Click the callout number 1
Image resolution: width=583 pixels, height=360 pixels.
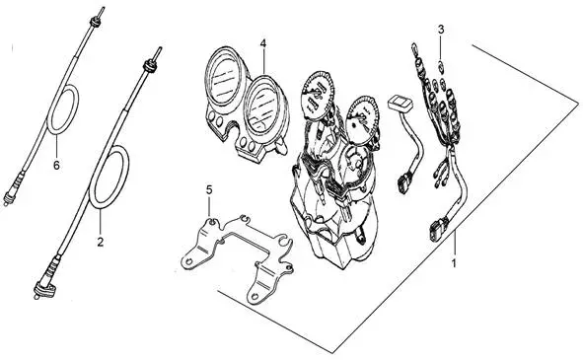click(x=454, y=263)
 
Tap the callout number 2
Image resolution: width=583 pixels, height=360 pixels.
click(x=100, y=242)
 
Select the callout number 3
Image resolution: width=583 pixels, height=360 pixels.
click(x=441, y=30)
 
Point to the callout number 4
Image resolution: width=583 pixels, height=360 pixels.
click(x=262, y=43)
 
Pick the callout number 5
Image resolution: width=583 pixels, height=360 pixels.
click(x=209, y=190)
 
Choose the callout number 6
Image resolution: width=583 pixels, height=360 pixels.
click(x=56, y=165)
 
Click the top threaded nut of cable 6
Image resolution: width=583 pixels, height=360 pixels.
click(x=95, y=22)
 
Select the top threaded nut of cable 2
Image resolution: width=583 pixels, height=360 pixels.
click(x=150, y=66)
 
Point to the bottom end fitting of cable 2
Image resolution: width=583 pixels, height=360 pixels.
click(x=44, y=289)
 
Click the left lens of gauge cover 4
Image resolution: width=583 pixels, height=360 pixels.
click(x=224, y=76)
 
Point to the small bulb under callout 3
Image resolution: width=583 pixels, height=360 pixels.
click(x=441, y=67)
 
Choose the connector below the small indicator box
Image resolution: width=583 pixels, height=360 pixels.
click(x=404, y=182)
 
